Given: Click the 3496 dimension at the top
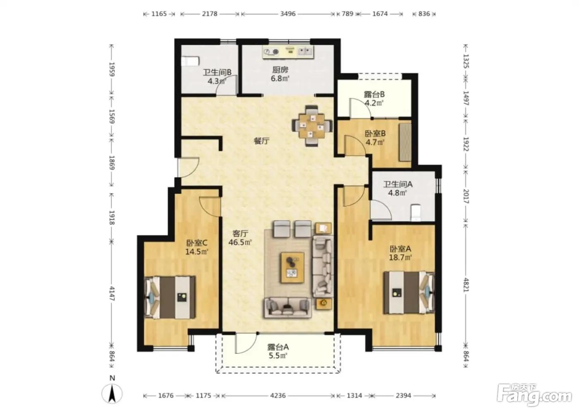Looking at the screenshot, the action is pyautogui.click(x=288, y=14).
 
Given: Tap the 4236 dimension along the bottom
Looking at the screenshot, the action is pyautogui.click(x=278, y=395).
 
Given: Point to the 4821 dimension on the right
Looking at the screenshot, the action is pyautogui.click(x=466, y=285).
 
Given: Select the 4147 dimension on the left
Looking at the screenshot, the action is pyautogui.click(x=112, y=293).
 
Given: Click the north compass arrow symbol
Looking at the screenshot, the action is pyautogui.click(x=112, y=394).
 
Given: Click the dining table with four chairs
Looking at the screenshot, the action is pyautogui.click(x=312, y=126).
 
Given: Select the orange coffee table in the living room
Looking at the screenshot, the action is pyautogui.click(x=293, y=268).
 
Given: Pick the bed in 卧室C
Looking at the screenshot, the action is pyautogui.click(x=170, y=297).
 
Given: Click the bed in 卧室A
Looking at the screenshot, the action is pyautogui.click(x=409, y=292).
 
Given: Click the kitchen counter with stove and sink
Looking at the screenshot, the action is pyautogui.click(x=289, y=53).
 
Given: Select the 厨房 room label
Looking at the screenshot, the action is pyautogui.click(x=280, y=69).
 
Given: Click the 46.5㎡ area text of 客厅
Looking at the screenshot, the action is pyautogui.click(x=240, y=242).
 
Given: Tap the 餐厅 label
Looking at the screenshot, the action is pyautogui.click(x=261, y=141).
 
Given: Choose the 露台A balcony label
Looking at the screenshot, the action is pyautogui.click(x=278, y=347).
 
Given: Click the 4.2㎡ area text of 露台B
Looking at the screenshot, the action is pyautogui.click(x=374, y=103).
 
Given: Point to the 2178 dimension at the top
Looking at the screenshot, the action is pyautogui.click(x=210, y=14).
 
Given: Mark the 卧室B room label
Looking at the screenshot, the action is pyautogui.click(x=375, y=133).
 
